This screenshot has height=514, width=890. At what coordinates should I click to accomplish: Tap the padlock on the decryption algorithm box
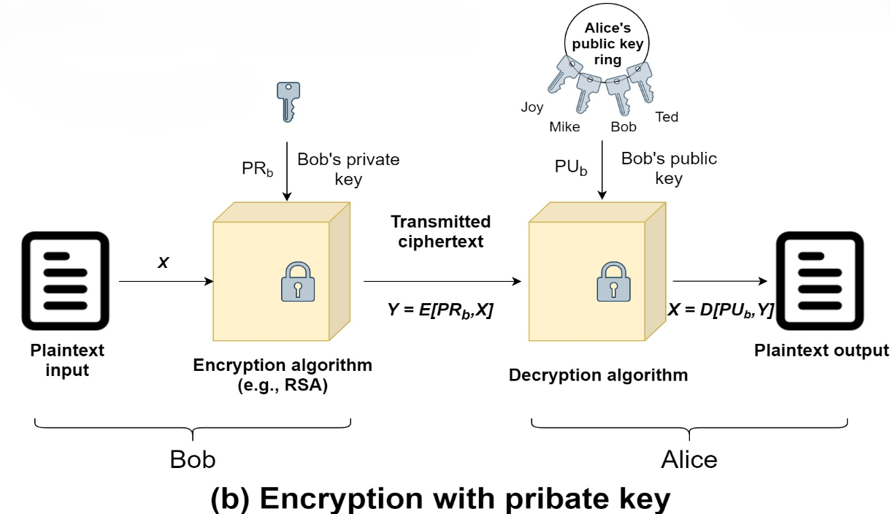tap(613, 281)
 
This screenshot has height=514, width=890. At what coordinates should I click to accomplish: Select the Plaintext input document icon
tap(66, 281)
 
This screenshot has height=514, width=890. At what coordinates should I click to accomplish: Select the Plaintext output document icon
tap(821, 281)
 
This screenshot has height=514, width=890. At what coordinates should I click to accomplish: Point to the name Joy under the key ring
tap(532, 107)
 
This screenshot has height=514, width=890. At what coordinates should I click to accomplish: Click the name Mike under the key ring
tap(564, 127)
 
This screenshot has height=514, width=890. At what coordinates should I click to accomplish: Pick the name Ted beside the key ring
tap(667, 117)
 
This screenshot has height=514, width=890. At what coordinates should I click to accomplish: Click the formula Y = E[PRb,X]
tap(440, 310)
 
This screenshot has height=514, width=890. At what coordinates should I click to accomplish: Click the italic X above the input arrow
tap(163, 261)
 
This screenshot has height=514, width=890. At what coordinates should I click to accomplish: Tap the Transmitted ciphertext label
tap(440, 231)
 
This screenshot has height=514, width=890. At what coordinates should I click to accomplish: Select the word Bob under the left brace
tap(193, 459)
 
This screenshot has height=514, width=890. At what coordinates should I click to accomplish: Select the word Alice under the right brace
tap(689, 459)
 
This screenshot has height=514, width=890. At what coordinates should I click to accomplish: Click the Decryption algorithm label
tap(598, 375)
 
